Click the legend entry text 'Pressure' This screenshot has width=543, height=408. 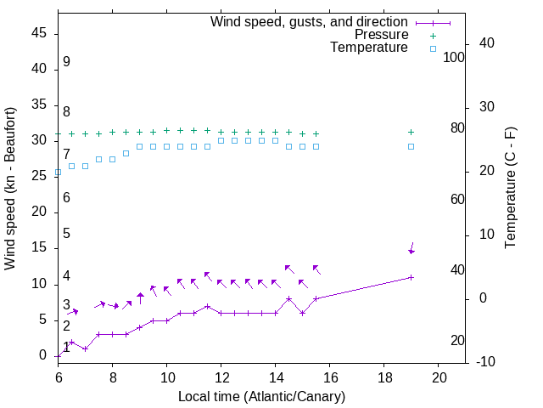coord(382,35)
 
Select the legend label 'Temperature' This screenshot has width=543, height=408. coord(369,48)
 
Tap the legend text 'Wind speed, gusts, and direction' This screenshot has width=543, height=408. coord(309,22)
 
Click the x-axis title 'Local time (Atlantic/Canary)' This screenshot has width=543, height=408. coord(261,397)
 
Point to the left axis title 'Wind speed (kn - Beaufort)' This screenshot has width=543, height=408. coord(10,189)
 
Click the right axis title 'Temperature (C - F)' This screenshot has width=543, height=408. coord(510,189)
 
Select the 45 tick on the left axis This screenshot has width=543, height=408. coord(39,33)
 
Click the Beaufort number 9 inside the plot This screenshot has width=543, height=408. coord(66,62)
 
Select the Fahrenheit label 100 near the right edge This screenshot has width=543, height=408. coord(454,58)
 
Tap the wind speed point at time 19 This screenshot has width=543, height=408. coord(411,277)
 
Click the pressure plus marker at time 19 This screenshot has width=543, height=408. coord(411,132)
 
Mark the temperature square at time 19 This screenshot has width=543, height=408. coord(411,146)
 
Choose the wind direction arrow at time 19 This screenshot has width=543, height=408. coord(412,247)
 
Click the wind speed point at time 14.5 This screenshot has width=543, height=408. coord(289,298)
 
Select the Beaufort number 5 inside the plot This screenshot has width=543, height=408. coord(66,234)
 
